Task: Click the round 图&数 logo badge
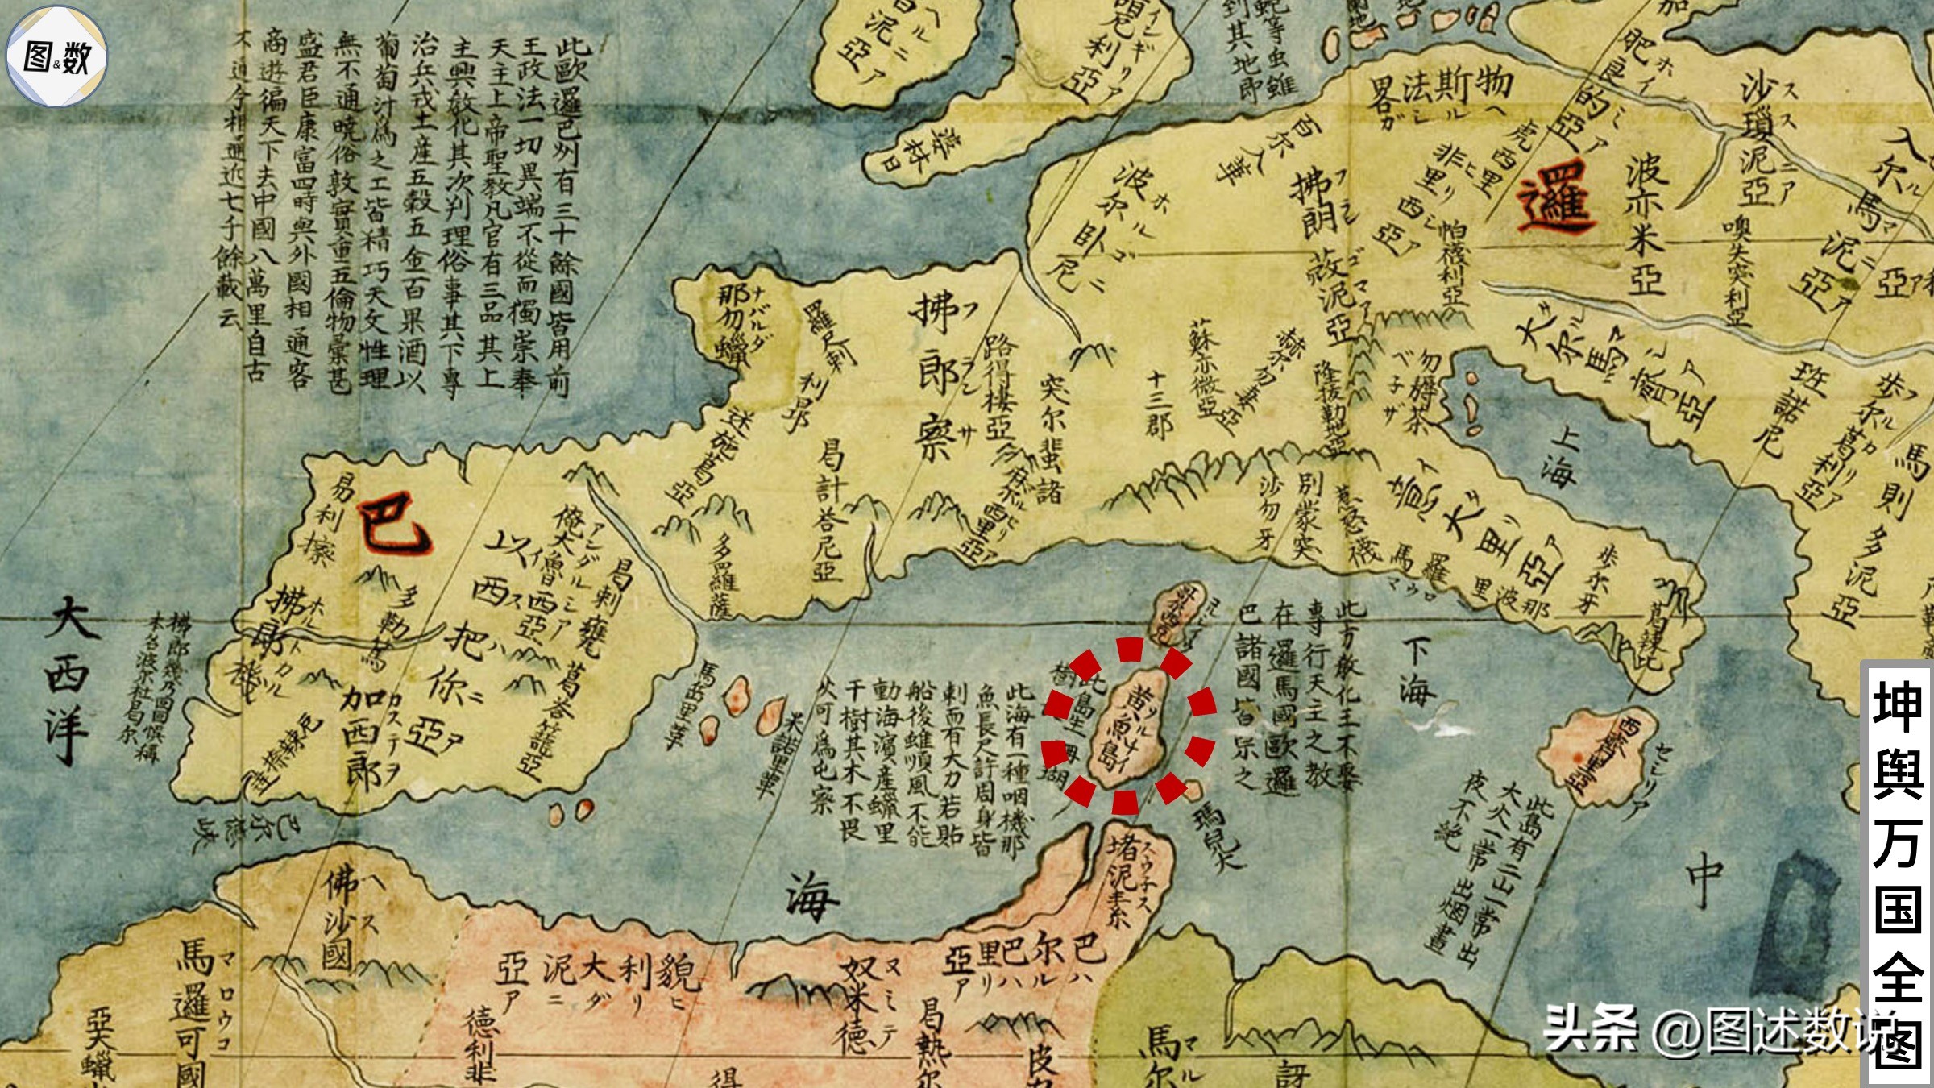(x=56, y=56)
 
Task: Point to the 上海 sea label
(x=1560, y=456)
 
